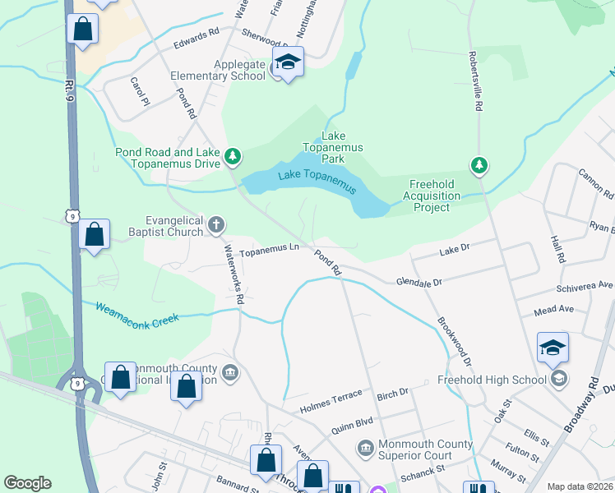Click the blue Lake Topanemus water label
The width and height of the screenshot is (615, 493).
[317, 181]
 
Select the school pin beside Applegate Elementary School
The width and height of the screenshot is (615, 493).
[289, 62]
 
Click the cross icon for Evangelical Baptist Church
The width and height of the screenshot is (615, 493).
[216, 224]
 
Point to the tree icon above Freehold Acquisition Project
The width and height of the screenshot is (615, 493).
[479, 165]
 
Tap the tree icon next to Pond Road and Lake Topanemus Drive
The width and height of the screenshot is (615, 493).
[234, 155]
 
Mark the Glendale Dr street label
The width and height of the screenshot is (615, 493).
[418, 281]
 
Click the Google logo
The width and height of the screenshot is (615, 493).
[27, 482]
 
